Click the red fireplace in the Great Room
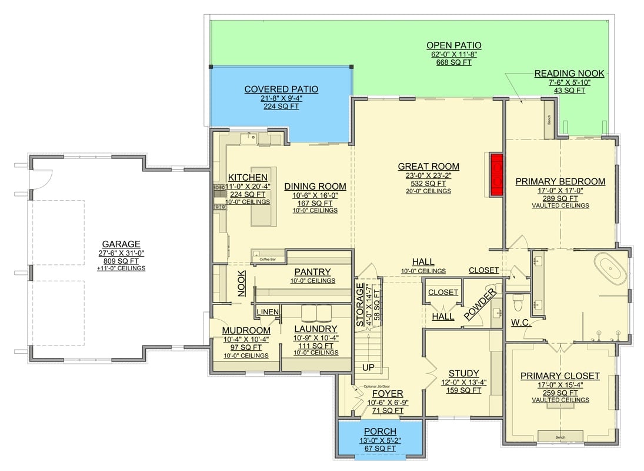pos(497,175)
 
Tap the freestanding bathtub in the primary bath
pos(610,268)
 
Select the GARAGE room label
pos(121,244)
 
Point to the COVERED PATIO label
pos(281,89)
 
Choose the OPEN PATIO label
pos(453,45)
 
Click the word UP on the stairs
pos(368,367)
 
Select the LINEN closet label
pos(268,312)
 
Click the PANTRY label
pos(312,272)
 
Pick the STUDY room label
pos(463,373)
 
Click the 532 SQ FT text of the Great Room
pos(428,183)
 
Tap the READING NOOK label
pos(569,74)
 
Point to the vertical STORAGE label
pos(361,304)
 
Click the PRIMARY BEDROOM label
pos(560,181)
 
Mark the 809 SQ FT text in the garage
pos(121,261)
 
